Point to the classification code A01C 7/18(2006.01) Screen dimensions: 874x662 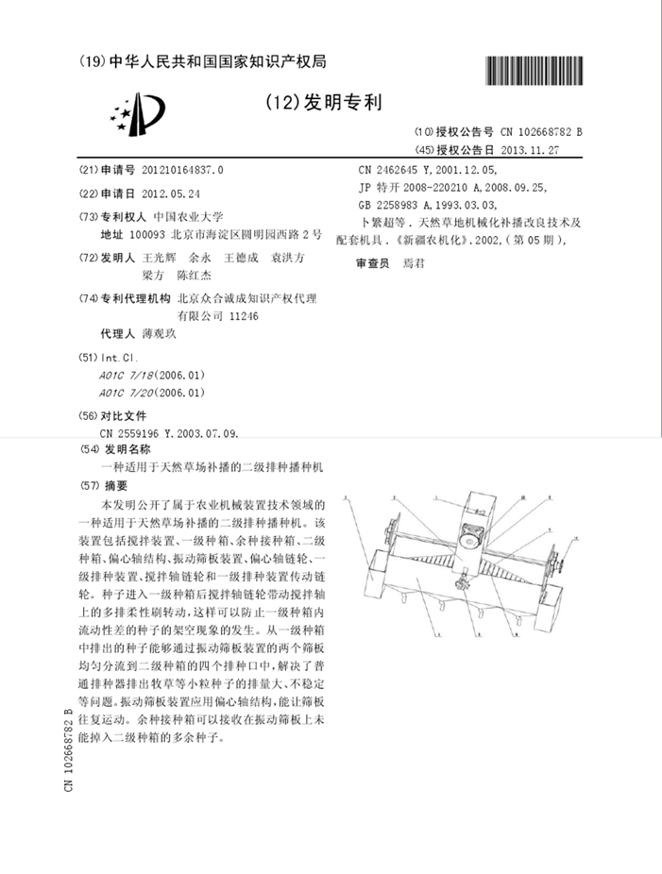click(x=151, y=375)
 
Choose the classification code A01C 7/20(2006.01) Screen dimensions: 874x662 click(x=151, y=392)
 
